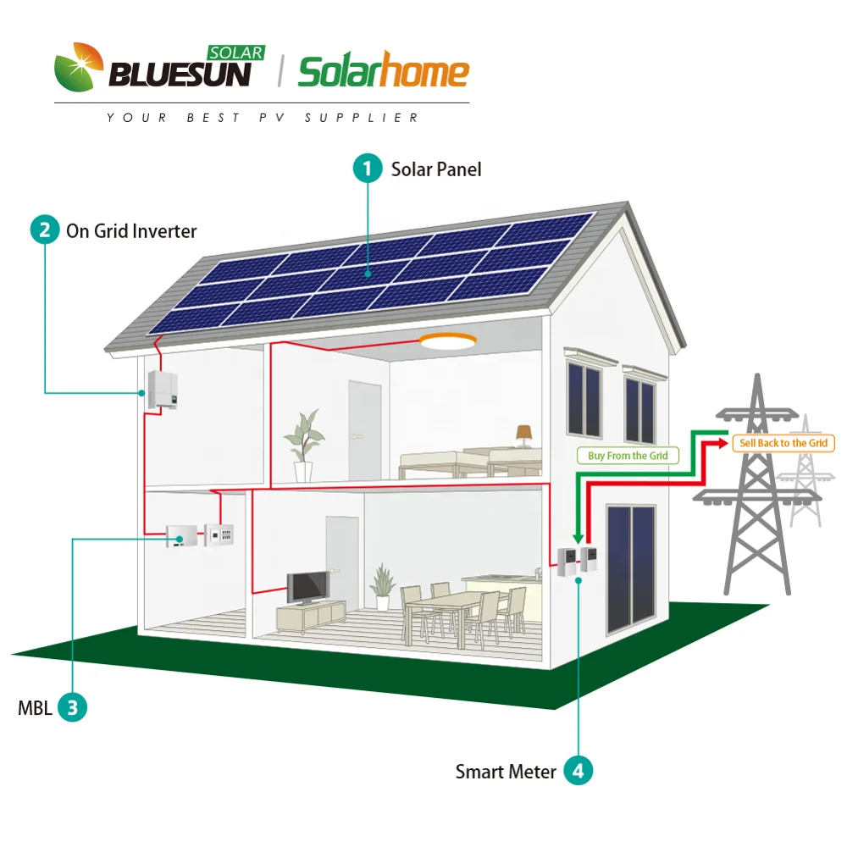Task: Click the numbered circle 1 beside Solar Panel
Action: click(x=367, y=169)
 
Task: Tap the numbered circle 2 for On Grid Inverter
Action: click(x=45, y=230)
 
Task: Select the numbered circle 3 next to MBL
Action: click(x=72, y=707)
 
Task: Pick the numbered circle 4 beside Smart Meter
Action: click(x=579, y=771)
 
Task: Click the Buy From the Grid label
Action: click(x=628, y=456)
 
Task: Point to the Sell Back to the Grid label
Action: click(x=783, y=443)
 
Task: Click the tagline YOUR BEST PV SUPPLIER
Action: click(x=263, y=118)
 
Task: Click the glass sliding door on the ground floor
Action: click(x=631, y=569)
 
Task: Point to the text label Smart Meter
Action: click(x=506, y=772)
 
